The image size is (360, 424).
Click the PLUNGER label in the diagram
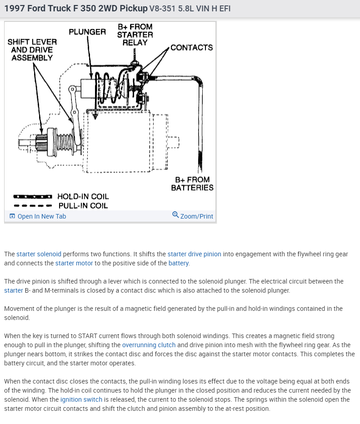tap(87, 32)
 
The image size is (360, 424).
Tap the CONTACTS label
tap(191, 47)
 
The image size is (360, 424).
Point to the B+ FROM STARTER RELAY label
tap(135, 35)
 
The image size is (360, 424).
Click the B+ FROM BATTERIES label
tap(192, 184)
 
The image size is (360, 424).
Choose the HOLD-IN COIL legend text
tap(83, 196)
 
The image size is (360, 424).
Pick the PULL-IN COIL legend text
tap(83, 205)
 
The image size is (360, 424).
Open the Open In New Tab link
tap(41, 216)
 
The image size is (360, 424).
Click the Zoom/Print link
tap(196, 216)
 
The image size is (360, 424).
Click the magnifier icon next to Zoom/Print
tap(175, 215)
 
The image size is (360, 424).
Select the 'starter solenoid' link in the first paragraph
tap(39, 254)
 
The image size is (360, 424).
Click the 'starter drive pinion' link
tap(194, 254)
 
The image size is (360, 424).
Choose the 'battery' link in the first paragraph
tap(179, 263)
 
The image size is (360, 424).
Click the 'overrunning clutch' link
tap(149, 345)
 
